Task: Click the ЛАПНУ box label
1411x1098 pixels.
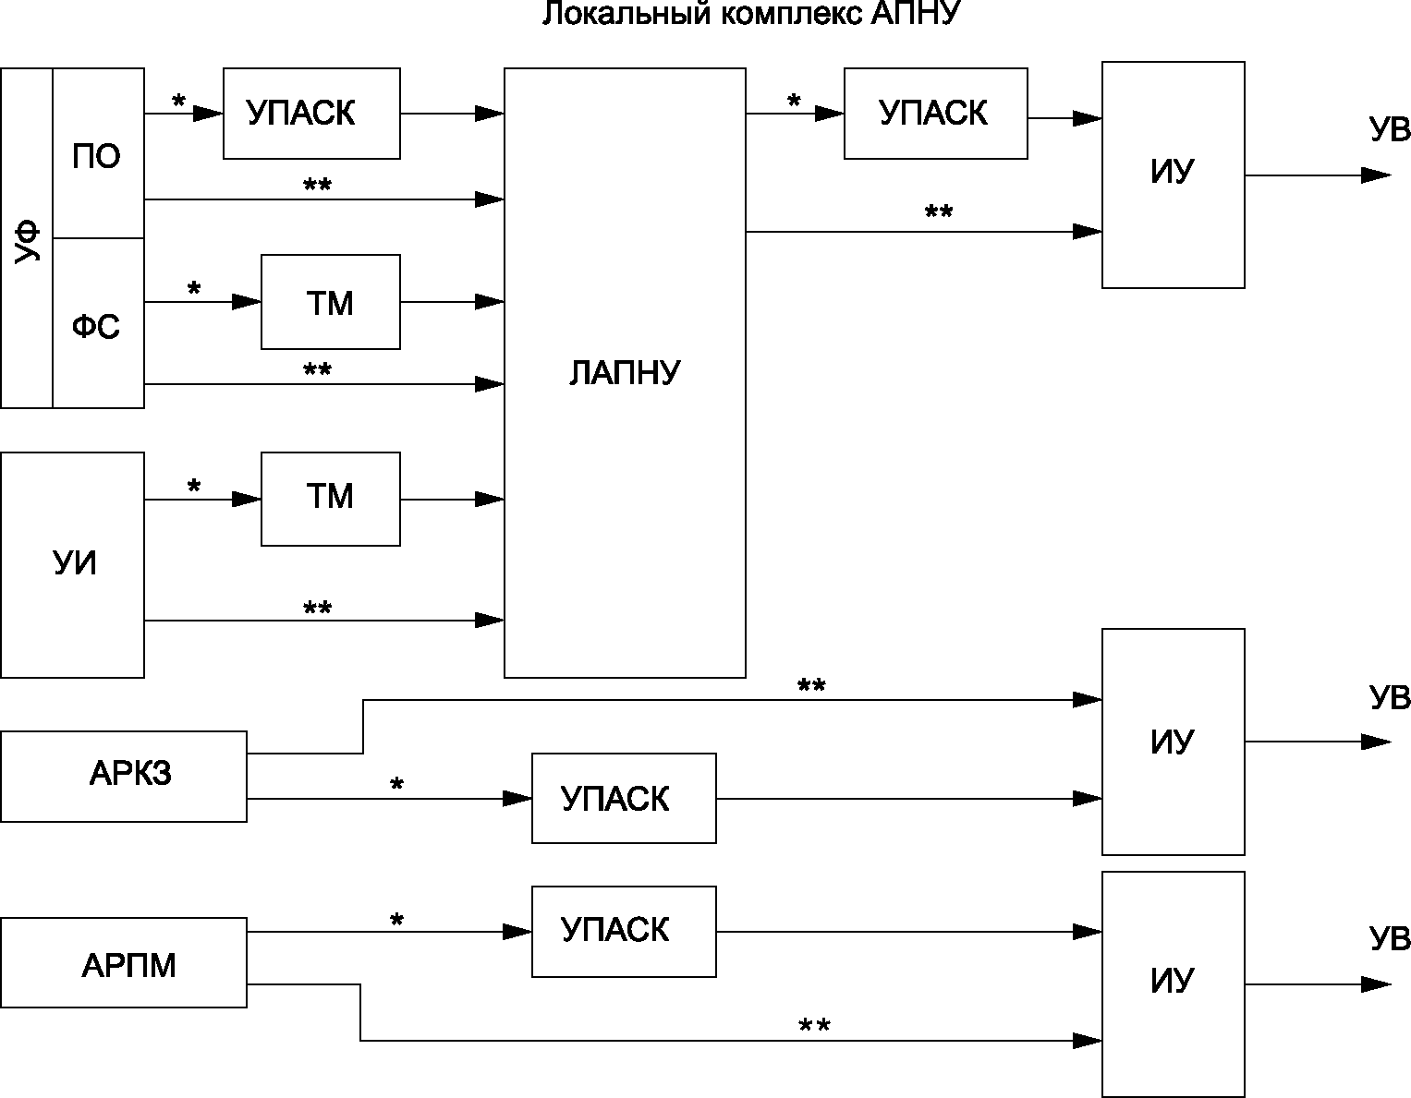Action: point(625,373)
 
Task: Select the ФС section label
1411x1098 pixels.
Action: point(96,326)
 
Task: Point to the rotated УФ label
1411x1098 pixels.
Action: point(28,241)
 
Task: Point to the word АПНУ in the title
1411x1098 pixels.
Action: point(915,13)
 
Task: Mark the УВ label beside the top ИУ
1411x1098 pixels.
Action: point(1390,129)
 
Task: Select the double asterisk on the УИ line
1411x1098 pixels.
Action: point(318,608)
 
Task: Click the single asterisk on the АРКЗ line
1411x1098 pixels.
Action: point(396,784)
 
